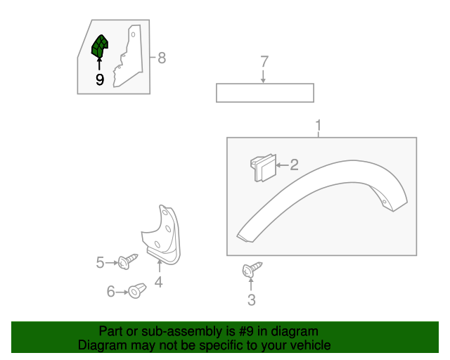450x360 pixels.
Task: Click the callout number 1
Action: [319, 127]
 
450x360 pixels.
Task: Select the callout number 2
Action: [294, 165]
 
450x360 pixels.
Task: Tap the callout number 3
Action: [252, 301]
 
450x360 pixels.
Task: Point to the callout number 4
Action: [159, 283]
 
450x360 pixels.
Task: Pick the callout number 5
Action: [100, 263]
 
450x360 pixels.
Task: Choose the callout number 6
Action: [110, 291]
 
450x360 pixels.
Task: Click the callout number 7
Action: [264, 62]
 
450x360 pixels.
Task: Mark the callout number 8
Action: [162, 58]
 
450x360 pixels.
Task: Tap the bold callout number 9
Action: [99, 80]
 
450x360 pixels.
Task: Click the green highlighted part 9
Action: [100, 49]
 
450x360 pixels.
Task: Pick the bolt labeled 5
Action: [128, 262]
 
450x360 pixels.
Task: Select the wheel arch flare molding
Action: [323, 190]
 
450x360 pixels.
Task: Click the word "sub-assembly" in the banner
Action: [167, 331]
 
